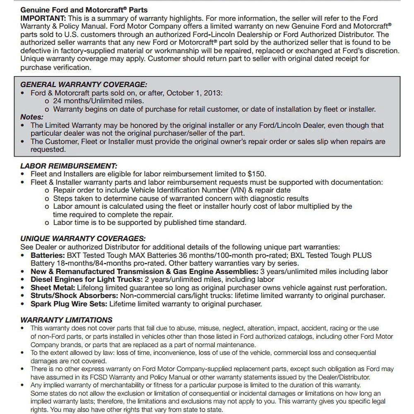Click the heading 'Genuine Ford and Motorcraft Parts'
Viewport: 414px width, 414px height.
(84, 10)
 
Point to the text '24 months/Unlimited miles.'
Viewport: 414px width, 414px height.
(99, 101)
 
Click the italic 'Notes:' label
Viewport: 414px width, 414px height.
(31, 117)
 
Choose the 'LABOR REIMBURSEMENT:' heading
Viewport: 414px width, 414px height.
(69, 166)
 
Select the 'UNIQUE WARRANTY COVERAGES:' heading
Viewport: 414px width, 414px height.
(83, 239)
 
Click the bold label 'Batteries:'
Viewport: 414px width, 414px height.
(48, 255)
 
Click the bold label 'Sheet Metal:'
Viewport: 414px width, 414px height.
(53, 288)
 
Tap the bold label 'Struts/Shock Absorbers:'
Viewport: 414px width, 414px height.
(74, 296)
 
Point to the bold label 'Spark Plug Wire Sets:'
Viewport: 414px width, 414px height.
(69, 304)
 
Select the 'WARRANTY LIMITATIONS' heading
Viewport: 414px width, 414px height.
(66, 320)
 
